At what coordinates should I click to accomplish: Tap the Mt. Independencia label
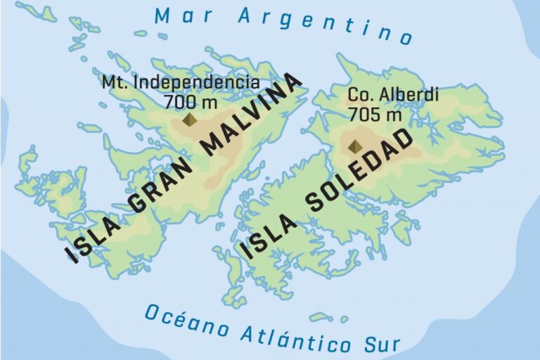(x=180, y=82)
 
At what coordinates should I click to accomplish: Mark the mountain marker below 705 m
(x=354, y=146)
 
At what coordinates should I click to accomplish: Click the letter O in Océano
(x=153, y=312)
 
